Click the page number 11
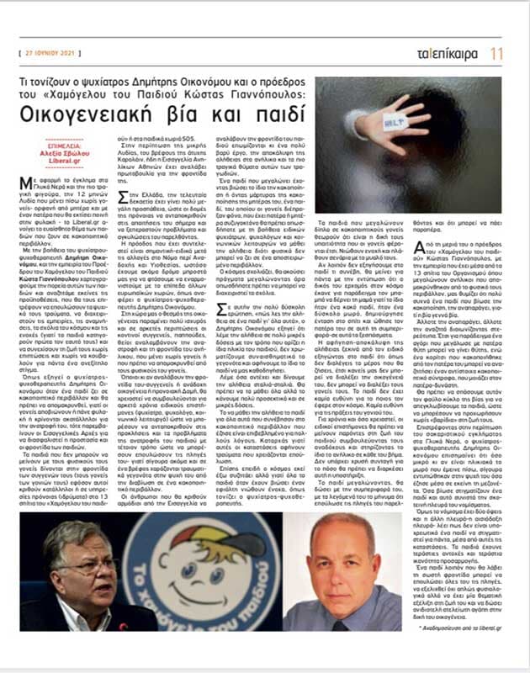(497, 53)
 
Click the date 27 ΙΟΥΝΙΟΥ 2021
(61, 53)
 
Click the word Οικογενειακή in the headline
(114, 113)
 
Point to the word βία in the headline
(201, 113)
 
